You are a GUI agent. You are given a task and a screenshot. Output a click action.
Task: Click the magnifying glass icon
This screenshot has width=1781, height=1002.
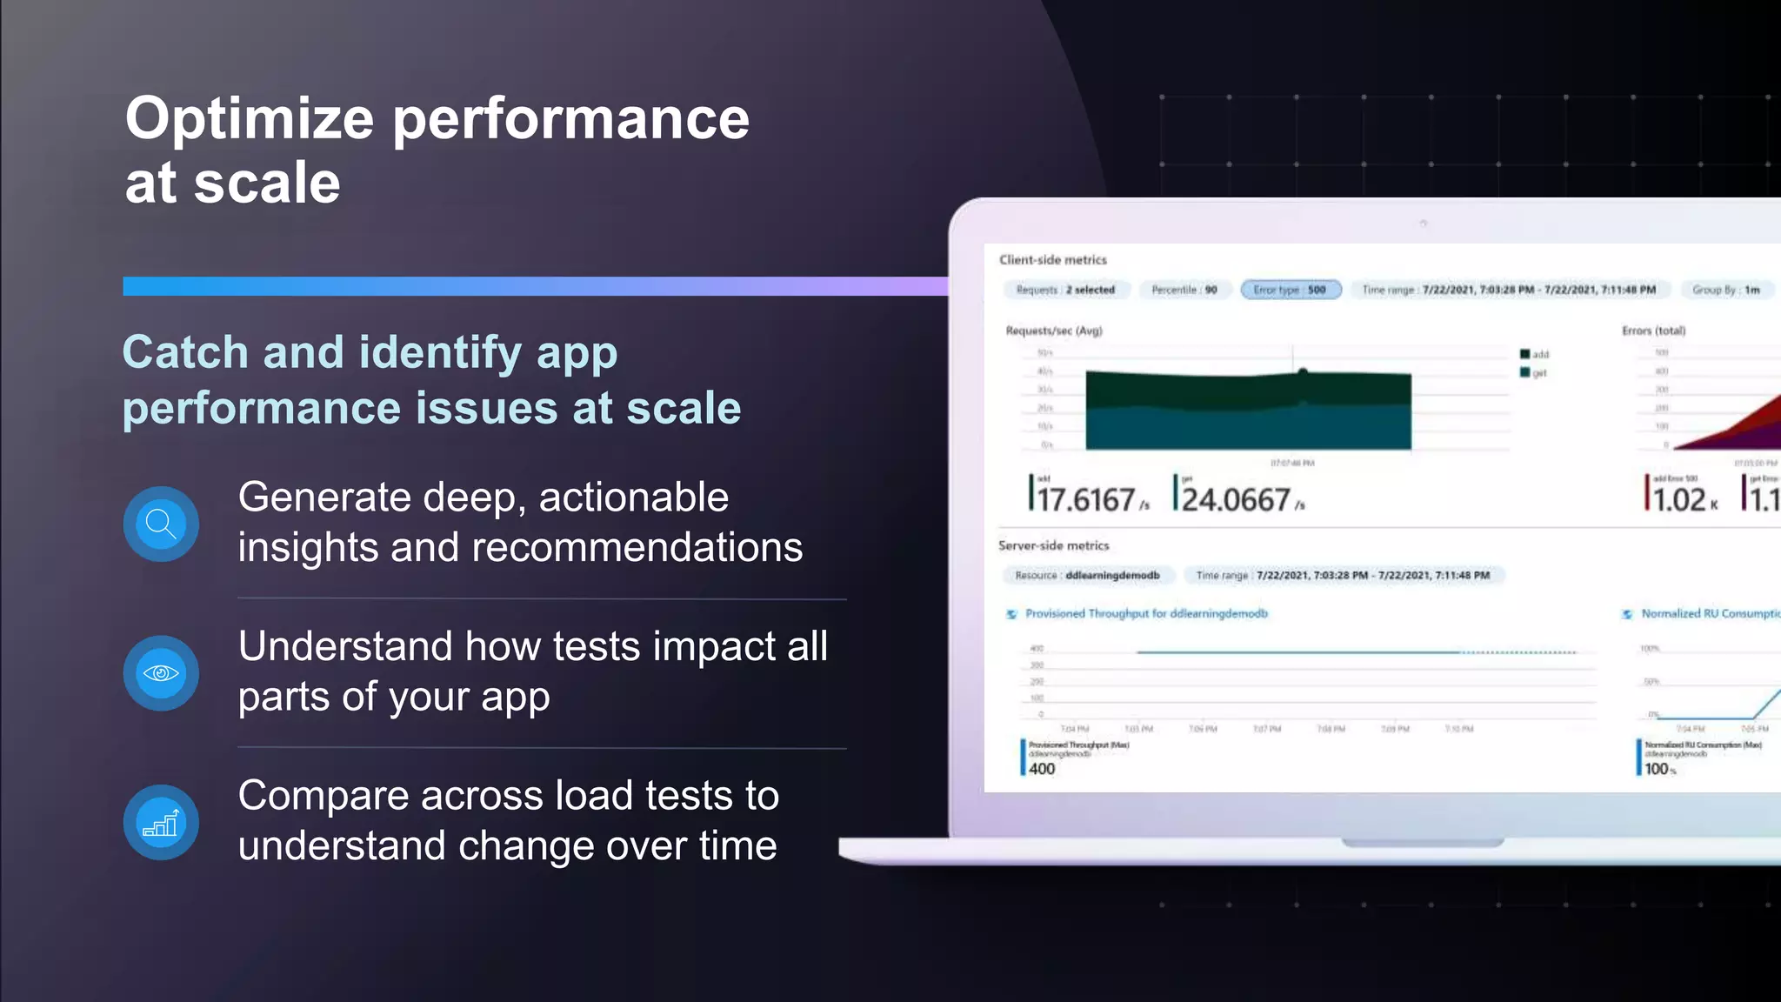161,524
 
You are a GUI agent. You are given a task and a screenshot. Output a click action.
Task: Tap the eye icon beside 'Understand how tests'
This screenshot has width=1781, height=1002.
161,673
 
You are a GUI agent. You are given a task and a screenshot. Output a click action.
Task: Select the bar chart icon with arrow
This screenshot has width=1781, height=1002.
161,823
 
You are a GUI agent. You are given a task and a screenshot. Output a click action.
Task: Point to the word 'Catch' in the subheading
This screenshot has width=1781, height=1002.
185,352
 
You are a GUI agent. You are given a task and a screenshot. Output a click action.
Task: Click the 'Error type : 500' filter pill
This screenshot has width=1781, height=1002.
1291,290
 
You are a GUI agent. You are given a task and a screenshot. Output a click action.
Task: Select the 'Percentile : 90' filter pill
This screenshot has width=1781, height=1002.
1184,290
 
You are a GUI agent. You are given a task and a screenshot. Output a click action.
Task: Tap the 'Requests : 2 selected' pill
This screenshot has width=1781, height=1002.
1065,290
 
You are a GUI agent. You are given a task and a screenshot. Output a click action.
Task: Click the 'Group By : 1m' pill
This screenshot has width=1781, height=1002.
1725,290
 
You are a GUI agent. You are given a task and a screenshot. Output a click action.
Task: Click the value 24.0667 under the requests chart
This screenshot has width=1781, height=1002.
1236,499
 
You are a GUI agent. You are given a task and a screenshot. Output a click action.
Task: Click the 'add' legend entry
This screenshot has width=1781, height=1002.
1535,354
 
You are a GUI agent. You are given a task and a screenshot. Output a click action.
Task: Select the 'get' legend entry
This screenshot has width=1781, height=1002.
1535,373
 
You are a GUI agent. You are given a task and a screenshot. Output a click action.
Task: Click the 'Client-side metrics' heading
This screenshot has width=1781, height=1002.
1052,259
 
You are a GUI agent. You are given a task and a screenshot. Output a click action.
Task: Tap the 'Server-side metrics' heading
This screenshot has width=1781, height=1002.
1053,545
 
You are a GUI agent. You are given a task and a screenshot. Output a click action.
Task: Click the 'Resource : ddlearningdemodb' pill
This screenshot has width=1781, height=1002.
1087,575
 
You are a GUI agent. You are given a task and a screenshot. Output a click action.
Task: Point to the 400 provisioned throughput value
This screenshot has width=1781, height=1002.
1042,769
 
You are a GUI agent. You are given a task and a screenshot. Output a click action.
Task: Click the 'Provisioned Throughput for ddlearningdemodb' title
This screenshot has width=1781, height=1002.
1145,613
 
